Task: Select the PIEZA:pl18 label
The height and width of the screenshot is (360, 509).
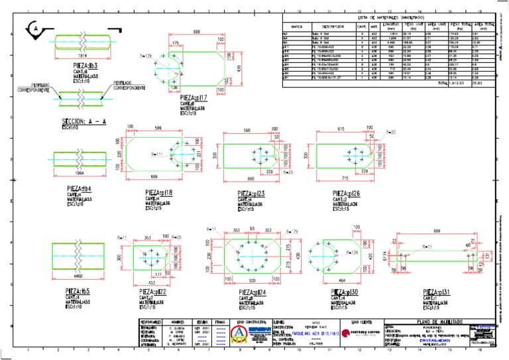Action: (158, 193)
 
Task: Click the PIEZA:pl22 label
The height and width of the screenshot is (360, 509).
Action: (152, 292)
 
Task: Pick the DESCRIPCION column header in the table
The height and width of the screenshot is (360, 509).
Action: (324, 27)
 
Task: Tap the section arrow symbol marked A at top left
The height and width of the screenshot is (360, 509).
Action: (34, 29)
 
